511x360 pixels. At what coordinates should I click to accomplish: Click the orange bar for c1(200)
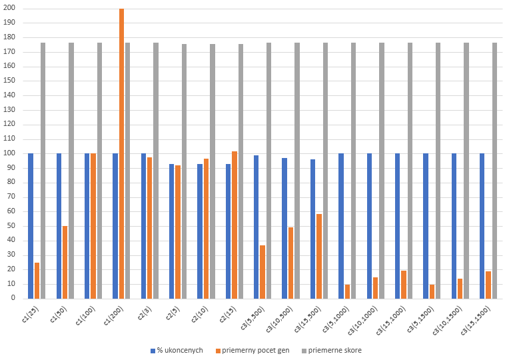coord(121,153)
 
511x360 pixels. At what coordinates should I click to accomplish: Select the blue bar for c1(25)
coord(31,226)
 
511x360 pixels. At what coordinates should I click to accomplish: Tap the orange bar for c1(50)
coord(65,262)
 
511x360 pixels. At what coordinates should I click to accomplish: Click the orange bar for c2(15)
coord(235,225)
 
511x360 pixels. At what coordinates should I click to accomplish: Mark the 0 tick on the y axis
coord(14,299)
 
